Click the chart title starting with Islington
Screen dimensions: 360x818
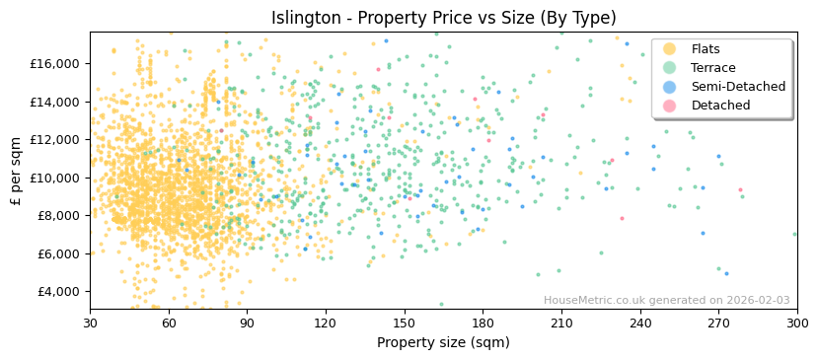[443, 18]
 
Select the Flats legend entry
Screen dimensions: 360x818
[705, 49]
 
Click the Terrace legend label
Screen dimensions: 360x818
[712, 68]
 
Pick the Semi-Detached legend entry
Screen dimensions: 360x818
[738, 87]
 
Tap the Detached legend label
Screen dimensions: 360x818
[720, 106]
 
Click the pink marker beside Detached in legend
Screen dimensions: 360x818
[670, 106]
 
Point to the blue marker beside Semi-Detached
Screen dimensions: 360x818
[670, 87]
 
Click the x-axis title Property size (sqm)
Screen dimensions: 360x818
[443, 343]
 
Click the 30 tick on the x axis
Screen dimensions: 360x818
[90, 323]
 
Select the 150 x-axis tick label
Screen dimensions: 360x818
[405, 323]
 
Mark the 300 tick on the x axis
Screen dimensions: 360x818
[796, 323]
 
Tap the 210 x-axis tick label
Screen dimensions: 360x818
[561, 323]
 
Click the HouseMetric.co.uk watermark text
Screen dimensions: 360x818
[666, 301]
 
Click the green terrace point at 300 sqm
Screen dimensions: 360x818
[795, 234]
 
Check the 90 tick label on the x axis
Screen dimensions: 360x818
[247, 323]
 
